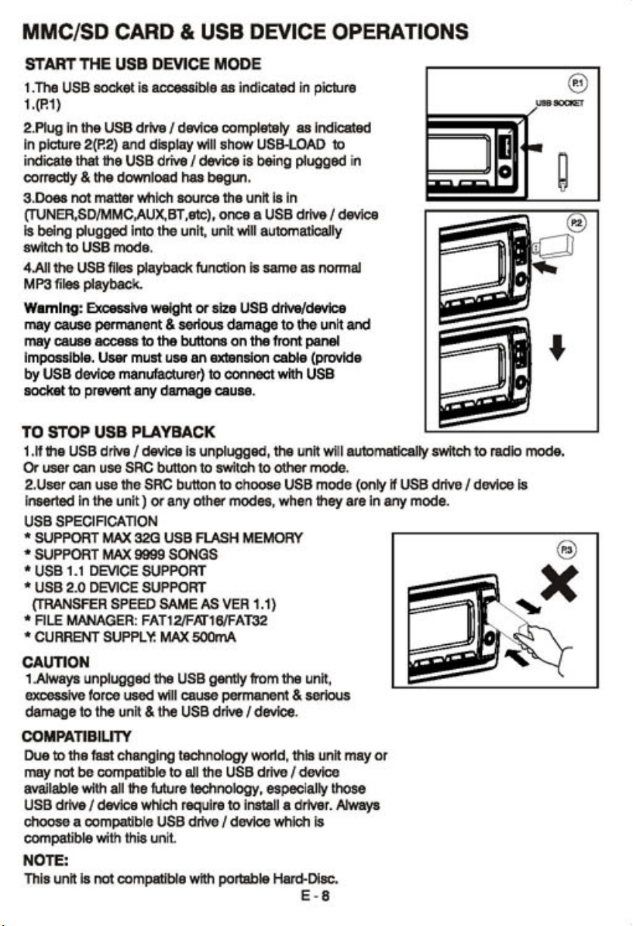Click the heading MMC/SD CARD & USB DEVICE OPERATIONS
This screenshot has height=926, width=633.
tap(246, 31)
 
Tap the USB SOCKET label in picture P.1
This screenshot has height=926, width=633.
tap(559, 103)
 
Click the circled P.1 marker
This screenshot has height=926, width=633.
tap(577, 84)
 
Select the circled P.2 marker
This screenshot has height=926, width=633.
tap(577, 223)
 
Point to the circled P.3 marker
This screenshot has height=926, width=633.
tap(567, 550)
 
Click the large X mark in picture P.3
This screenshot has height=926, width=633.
tap(559, 582)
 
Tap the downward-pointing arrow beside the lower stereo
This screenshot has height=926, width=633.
tap(557, 347)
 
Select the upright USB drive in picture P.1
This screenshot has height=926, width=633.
tap(564, 172)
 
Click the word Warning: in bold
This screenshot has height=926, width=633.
tap(53, 308)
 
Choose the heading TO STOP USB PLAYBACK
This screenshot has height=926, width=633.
tap(119, 432)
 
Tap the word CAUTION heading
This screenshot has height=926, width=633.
tap(56, 662)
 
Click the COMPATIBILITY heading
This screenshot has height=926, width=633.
tap(77, 736)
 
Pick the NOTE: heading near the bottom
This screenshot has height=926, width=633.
tap(46, 859)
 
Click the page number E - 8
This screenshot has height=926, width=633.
tap(315, 895)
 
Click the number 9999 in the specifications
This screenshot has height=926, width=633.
tap(149, 554)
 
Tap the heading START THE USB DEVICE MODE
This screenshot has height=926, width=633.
tap(143, 63)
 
